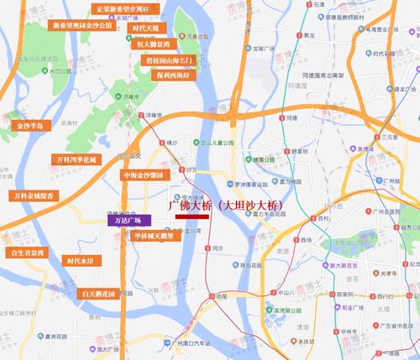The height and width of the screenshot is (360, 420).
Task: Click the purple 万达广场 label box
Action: (x=129, y=220)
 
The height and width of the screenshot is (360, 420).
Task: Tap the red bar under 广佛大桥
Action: (x=192, y=216)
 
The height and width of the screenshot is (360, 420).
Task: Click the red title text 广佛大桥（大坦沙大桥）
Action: (x=227, y=204)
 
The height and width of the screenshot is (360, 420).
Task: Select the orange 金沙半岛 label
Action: (x=34, y=125)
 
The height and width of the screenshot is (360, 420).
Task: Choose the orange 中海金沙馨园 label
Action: (x=146, y=175)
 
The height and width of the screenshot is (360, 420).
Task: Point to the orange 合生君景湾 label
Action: (x=28, y=250)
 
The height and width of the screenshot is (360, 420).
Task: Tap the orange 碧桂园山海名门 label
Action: (x=174, y=61)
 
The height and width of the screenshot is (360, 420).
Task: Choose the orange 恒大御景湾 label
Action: (x=154, y=44)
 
